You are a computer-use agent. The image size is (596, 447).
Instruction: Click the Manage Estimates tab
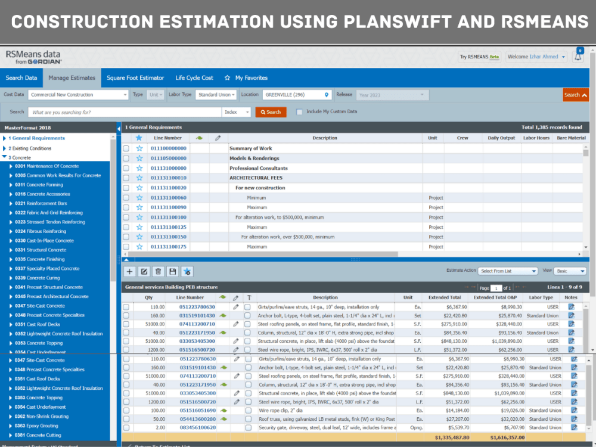point(72,77)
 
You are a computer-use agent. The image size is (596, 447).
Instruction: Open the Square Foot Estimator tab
point(135,77)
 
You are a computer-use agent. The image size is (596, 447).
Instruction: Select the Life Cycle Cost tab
point(194,77)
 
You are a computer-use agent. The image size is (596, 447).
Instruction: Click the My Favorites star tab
point(246,77)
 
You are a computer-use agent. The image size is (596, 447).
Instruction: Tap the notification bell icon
point(578,57)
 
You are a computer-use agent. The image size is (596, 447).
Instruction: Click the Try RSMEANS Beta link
point(479,57)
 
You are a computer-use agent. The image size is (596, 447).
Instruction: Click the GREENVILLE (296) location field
point(297,95)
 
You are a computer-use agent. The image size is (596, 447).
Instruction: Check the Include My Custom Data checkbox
point(300,112)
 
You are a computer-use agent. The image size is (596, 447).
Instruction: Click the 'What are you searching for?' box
point(124,112)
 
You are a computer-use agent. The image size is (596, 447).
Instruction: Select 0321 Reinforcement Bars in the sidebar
point(46,203)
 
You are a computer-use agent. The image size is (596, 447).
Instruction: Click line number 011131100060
point(168,198)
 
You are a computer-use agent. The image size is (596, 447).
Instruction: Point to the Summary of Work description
point(250,148)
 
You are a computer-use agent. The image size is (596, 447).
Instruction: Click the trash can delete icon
point(158,272)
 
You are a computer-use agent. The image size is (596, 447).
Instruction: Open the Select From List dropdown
point(508,271)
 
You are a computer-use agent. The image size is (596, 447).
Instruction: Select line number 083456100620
point(189,427)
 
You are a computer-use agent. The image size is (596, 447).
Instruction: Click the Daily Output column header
point(502,138)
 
